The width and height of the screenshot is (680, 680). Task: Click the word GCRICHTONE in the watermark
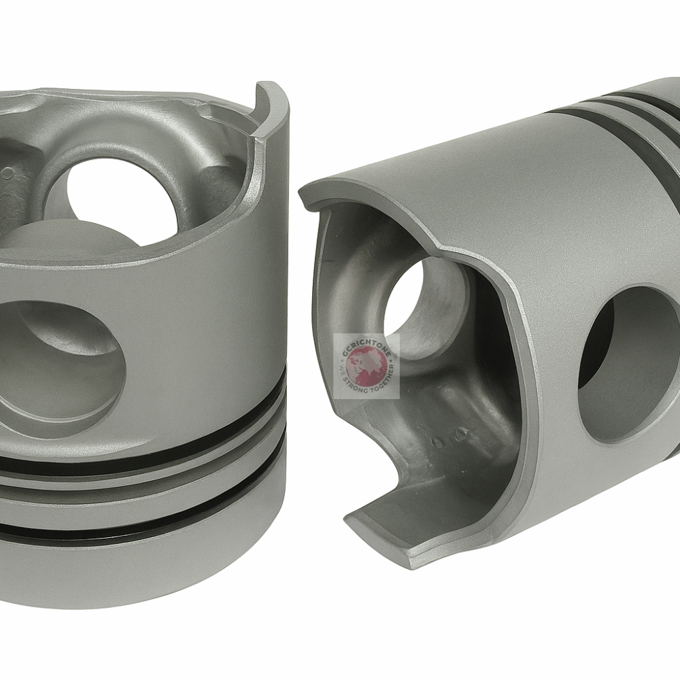tap(366, 343)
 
